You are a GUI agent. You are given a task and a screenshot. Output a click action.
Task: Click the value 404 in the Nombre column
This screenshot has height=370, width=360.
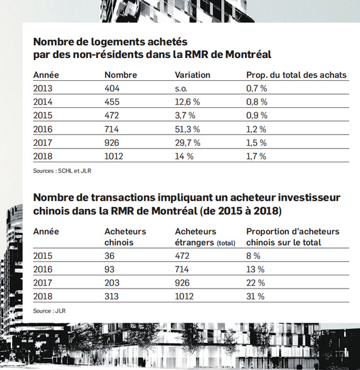[112, 88]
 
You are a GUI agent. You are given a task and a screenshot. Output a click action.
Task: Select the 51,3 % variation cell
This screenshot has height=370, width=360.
[188, 129]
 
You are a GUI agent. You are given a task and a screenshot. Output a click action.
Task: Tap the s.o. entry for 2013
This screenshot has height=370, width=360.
[181, 89]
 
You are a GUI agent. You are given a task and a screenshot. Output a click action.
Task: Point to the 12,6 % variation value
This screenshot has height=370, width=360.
[188, 102]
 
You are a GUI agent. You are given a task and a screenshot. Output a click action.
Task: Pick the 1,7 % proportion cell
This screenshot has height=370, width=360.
[256, 156]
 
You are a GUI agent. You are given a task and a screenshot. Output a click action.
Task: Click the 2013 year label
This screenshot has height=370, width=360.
[43, 88]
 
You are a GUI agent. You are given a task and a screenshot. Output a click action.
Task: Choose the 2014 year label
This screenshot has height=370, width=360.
[43, 102]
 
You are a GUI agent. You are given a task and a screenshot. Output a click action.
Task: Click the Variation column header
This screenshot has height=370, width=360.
[193, 75]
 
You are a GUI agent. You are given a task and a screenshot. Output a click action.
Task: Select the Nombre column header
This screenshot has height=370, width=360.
[121, 75]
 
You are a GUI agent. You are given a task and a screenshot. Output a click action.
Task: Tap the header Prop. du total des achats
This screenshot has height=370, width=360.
[296, 75]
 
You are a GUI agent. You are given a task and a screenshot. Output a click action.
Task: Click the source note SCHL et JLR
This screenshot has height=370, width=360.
[62, 171]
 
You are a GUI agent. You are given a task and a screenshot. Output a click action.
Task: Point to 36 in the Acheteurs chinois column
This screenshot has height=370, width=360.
[109, 256]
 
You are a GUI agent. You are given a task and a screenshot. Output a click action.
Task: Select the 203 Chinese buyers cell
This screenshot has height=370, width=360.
[112, 283]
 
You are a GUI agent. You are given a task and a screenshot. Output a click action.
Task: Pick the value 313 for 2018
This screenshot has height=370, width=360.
[111, 296]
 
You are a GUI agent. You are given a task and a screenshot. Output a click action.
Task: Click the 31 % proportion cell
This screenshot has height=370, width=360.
[255, 296]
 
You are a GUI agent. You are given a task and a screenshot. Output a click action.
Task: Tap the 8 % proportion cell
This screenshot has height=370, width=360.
[253, 256]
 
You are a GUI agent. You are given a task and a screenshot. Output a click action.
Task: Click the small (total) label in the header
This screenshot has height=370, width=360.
[226, 243]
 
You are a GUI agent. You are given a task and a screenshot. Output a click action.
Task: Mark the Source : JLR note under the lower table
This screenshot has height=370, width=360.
[49, 311]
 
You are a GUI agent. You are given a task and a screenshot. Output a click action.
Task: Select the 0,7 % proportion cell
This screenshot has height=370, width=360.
[256, 88]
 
